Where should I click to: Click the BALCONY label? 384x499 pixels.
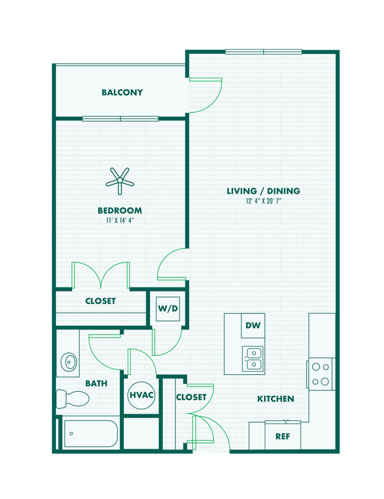(122, 92)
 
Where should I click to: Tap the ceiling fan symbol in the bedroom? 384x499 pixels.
(121, 180)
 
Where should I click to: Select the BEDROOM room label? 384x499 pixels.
(121, 210)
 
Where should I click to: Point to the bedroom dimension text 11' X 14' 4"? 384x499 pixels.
(121, 221)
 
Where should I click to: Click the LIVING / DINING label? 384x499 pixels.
(263, 191)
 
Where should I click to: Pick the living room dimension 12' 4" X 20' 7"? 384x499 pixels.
(263, 202)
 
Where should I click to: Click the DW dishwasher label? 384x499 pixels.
(252, 325)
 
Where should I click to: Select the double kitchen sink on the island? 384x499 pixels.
(253, 357)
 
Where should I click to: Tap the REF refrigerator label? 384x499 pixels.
(282, 436)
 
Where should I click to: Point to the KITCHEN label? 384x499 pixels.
(275, 398)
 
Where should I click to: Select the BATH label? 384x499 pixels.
(96, 383)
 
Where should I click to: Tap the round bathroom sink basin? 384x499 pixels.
(69, 360)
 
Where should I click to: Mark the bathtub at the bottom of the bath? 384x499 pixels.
(90, 434)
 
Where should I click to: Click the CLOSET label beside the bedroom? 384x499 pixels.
(100, 301)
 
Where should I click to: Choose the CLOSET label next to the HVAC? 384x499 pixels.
(191, 397)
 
